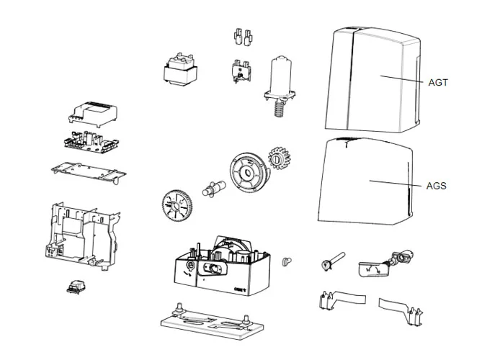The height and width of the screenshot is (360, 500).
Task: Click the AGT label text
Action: pyautogui.click(x=438, y=83)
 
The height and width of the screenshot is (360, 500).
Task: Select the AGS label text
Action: pyautogui.click(x=436, y=186)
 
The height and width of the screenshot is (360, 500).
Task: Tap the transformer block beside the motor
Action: pyautogui.click(x=180, y=69)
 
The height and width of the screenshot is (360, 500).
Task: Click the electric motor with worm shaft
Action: pyautogui.click(x=280, y=86)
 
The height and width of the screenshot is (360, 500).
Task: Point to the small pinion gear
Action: pyautogui.click(x=279, y=158)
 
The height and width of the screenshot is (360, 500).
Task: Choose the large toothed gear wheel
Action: pyautogui.click(x=177, y=206)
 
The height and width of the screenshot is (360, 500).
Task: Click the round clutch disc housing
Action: pyautogui.click(x=249, y=173)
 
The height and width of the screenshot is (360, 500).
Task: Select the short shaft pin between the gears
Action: pyautogui.click(x=214, y=189)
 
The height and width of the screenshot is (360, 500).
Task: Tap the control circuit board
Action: pyautogui.click(x=91, y=142)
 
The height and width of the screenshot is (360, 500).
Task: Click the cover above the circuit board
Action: pyautogui.click(x=93, y=114)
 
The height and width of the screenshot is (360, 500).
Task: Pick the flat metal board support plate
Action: pyautogui.click(x=89, y=172)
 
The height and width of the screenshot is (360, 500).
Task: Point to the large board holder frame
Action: pyautogui.click(x=83, y=235)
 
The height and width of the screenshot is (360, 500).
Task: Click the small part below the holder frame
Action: pyautogui.click(x=77, y=287)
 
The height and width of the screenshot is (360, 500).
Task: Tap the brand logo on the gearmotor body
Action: pyautogui.click(x=240, y=289)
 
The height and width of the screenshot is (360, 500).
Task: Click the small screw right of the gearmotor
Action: pyautogui.click(x=287, y=262)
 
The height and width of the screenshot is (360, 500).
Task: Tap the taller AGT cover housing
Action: pyautogui.click(x=372, y=80)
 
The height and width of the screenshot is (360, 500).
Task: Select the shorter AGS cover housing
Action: pyautogui.click(x=365, y=181)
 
